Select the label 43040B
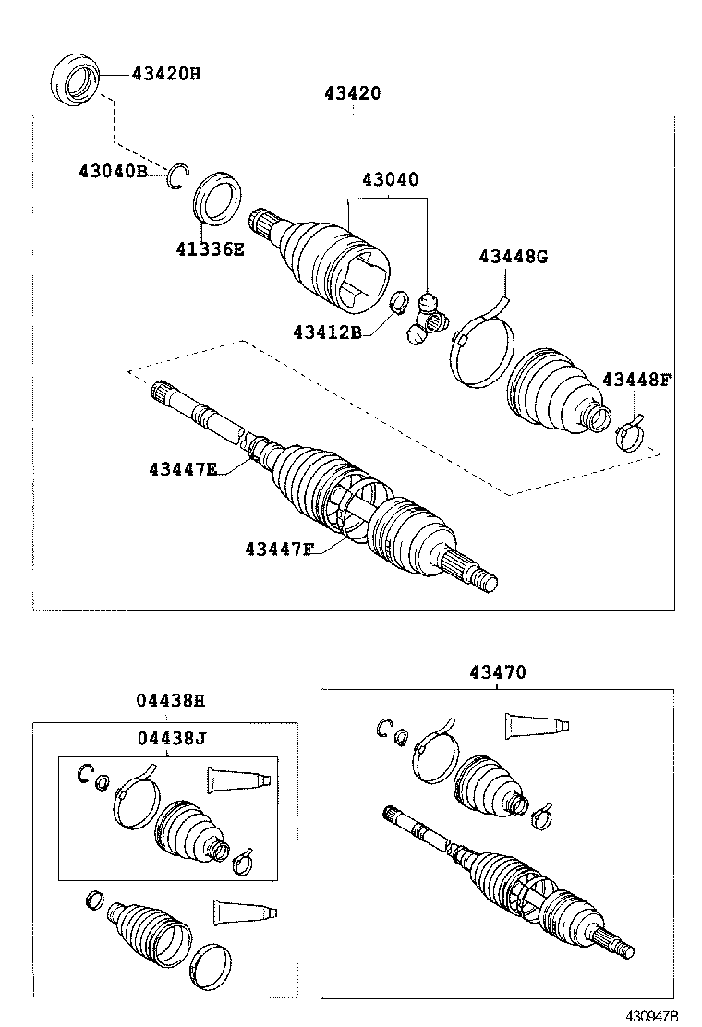tap(113, 171)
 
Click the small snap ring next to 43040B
tap(178, 175)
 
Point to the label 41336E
tap(210, 248)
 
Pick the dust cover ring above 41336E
tap(217, 198)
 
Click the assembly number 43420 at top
tap(353, 93)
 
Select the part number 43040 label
tap(389, 179)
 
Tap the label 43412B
tap(327, 332)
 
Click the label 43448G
tap(513, 256)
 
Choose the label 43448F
tap(636, 379)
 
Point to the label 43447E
tap(183, 468)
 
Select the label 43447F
tap(279, 550)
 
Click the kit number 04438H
tap(171, 700)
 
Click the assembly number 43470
tap(497, 672)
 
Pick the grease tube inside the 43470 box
tap(535, 725)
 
